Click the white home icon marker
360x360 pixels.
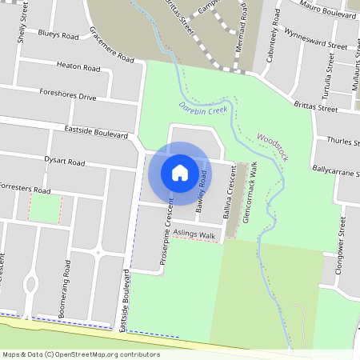tap(180, 172)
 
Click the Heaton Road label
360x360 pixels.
tap(77, 66)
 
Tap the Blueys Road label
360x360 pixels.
tap(59, 35)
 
